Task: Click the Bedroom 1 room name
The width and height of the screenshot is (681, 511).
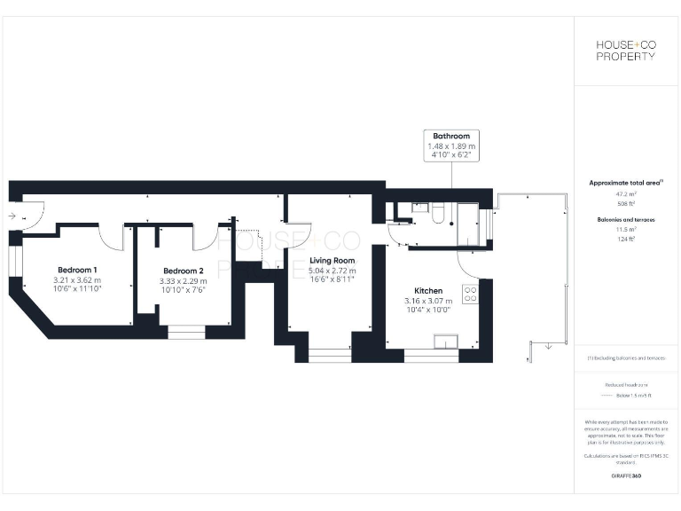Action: click(x=78, y=270)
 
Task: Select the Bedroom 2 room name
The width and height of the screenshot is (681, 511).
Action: click(x=184, y=271)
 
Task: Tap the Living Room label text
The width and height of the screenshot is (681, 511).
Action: click(x=332, y=261)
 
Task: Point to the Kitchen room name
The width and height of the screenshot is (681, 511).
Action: click(x=429, y=291)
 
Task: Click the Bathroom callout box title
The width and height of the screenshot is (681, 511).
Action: click(x=451, y=136)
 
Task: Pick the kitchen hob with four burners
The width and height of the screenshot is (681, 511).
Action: click(x=470, y=293)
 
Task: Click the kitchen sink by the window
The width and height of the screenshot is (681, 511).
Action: click(x=442, y=342)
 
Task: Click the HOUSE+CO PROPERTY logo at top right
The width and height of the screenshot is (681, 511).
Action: click(x=625, y=51)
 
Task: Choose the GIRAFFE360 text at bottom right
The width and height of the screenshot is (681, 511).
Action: click(x=625, y=476)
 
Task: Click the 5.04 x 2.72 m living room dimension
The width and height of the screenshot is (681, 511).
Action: click(x=332, y=271)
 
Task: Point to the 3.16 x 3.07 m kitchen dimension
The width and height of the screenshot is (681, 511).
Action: click(x=429, y=301)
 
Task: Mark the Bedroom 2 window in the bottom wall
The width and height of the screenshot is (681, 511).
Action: click(x=185, y=333)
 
